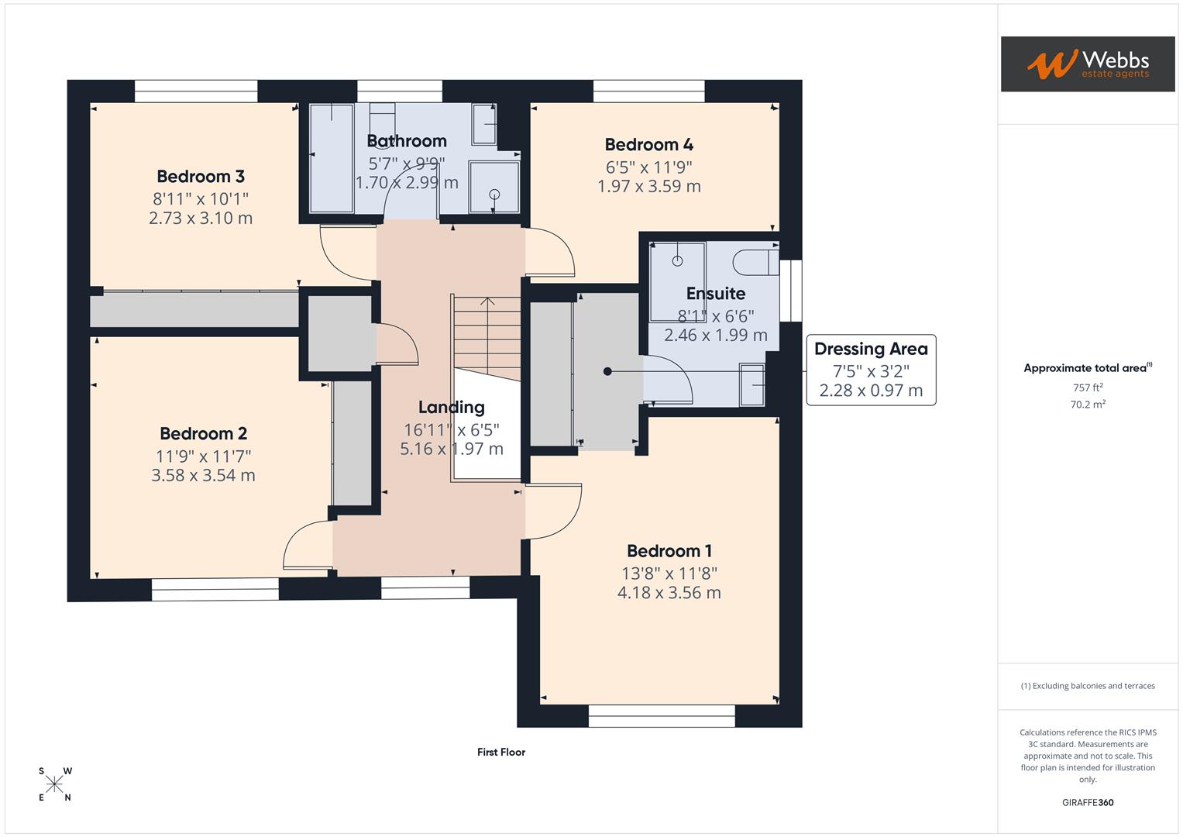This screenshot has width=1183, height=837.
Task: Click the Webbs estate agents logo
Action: tap(1087, 64)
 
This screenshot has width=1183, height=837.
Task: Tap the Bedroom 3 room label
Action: tap(201, 177)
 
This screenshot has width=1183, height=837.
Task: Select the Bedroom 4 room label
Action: tap(648, 145)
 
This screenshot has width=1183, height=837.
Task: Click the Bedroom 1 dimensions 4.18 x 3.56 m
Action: tap(669, 593)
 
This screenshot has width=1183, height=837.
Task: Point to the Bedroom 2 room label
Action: tap(203, 434)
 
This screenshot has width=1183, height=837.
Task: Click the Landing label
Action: tap(451, 408)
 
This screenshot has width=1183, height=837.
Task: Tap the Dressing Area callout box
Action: tap(871, 370)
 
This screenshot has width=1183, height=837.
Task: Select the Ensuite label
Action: tap(715, 294)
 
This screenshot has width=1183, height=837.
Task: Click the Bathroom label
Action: tap(406, 141)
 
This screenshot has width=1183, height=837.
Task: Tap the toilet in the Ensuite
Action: tap(755, 262)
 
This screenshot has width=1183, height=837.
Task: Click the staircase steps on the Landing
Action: tap(487, 333)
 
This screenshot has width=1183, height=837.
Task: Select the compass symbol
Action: tap(54, 784)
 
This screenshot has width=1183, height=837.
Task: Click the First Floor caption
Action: tap(500, 752)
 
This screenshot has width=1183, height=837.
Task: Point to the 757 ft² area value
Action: tap(1088, 387)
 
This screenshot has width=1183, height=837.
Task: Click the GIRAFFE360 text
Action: tap(1088, 802)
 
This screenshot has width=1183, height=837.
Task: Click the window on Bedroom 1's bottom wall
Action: tap(662, 715)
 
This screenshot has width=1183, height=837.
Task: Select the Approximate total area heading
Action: tap(1087, 368)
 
